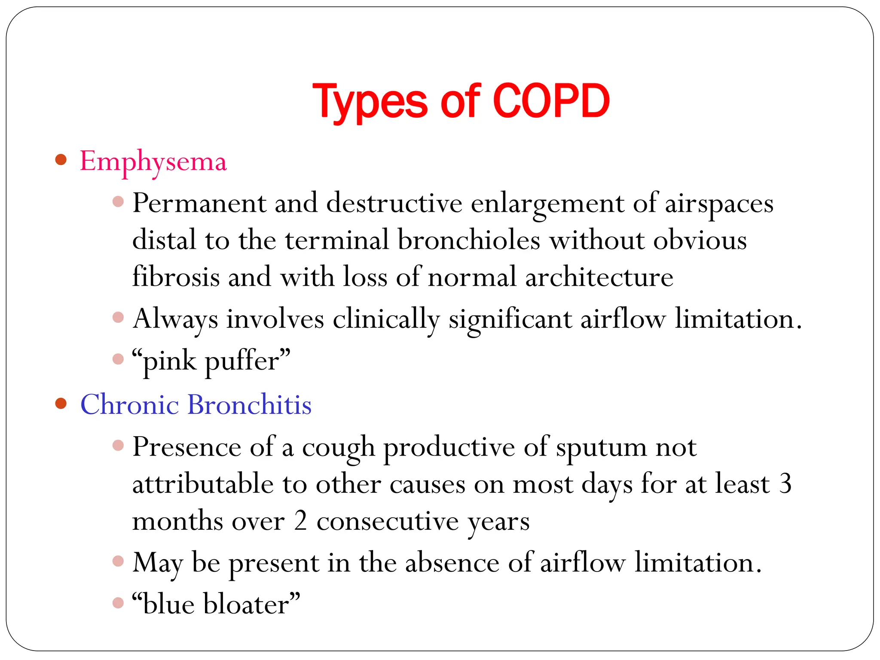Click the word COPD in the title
(551, 101)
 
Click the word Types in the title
(370, 102)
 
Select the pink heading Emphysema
(153, 162)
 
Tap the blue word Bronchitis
(250, 405)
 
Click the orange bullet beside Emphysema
(61, 160)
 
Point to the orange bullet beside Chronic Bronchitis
(61, 403)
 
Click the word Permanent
(199, 203)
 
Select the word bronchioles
(468, 240)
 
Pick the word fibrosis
(176, 276)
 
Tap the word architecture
(599, 277)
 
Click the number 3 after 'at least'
(785, 484)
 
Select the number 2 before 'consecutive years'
(300, 521)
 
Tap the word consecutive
(388, 521)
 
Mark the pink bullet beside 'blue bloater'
(118, 603)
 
